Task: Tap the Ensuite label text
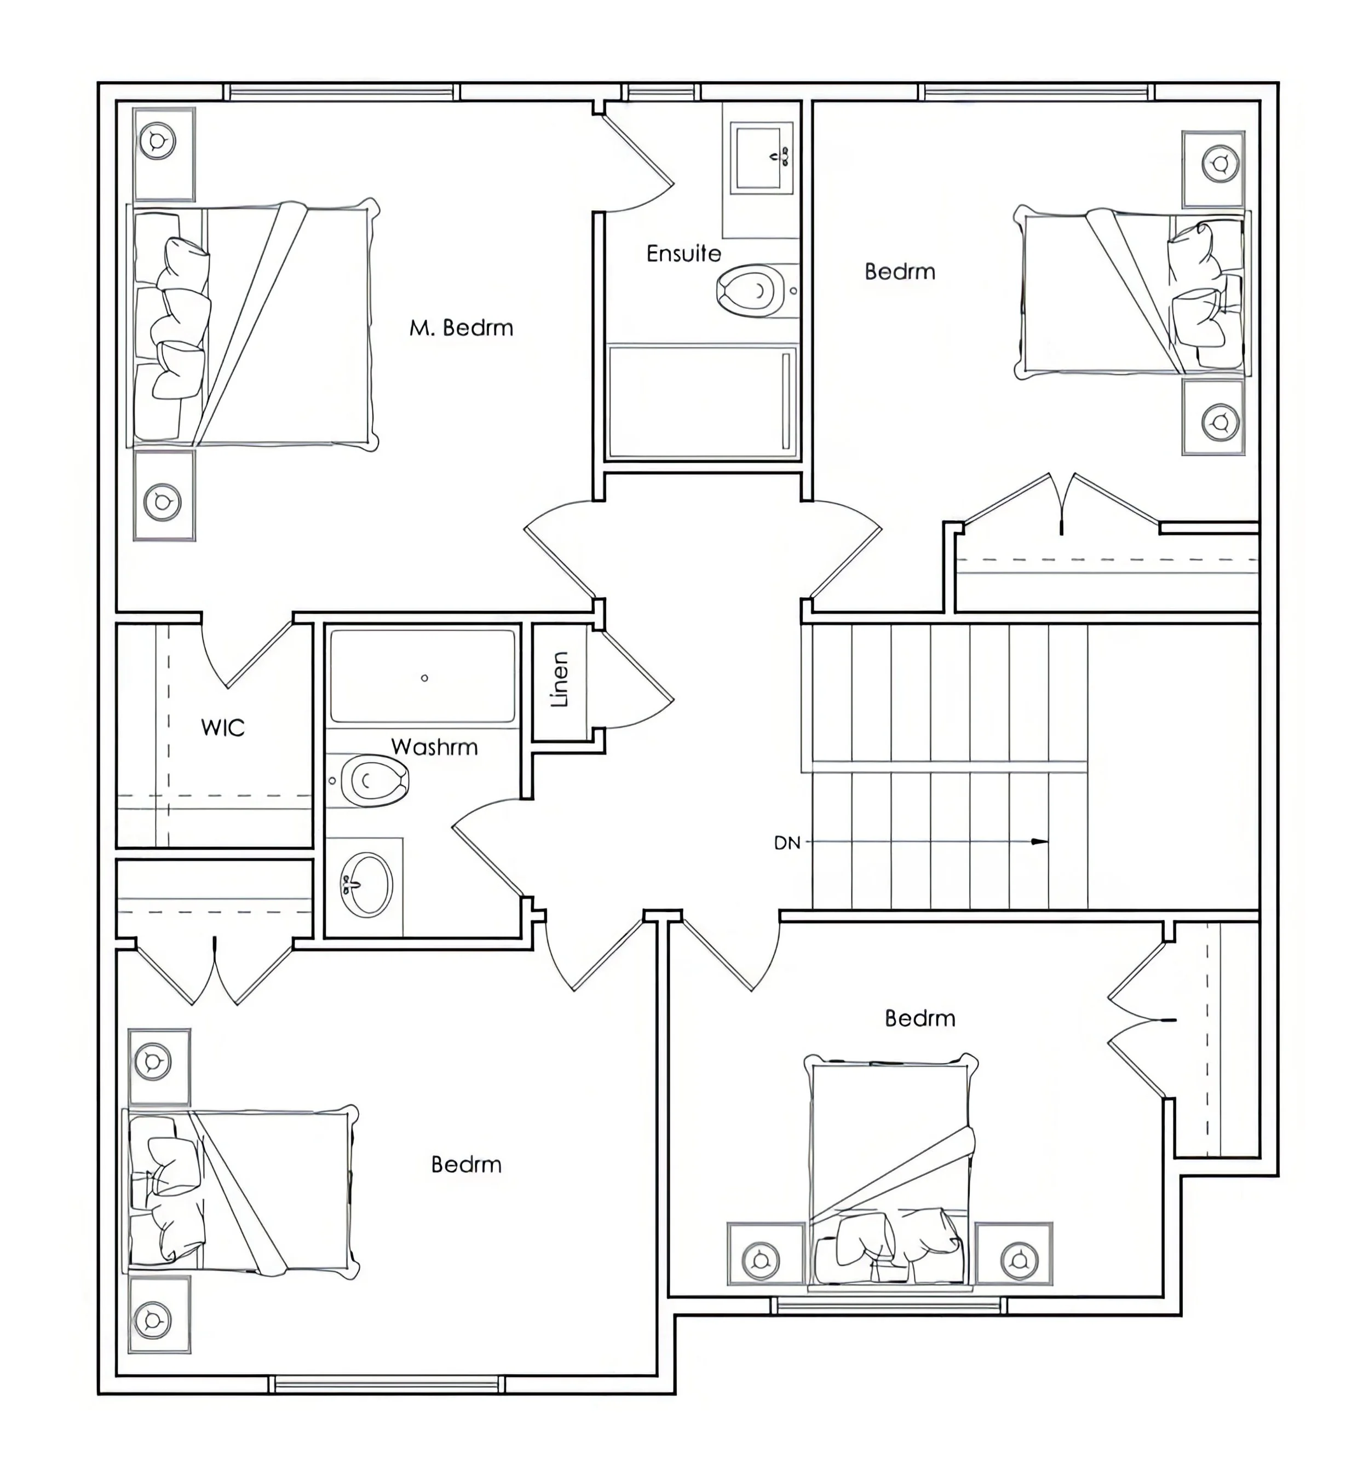[x=683, y=254]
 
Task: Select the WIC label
[x=222, y=728]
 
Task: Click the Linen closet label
[x=560, y=680]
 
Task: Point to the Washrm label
[x=434, y=747]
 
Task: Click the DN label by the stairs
[x=787, y=843]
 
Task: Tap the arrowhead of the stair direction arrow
[x=1041, y=842]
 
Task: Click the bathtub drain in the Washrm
[x=424, y=678]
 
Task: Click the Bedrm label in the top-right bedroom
[x=899, y=272]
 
